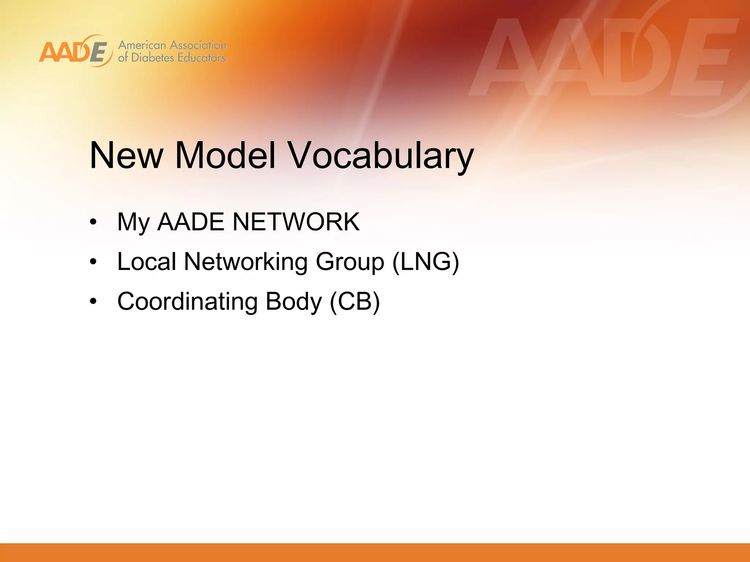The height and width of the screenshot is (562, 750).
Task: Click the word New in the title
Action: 126,156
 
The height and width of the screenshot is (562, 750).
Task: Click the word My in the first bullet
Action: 133,222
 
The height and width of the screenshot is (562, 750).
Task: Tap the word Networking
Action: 246,262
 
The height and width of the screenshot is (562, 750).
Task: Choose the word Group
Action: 350,262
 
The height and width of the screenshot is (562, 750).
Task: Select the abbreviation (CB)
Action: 354,302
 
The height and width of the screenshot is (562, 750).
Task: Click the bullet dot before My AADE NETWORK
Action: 93,222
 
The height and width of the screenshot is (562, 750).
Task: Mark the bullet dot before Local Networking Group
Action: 93,262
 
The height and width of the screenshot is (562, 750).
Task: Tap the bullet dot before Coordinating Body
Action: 93,301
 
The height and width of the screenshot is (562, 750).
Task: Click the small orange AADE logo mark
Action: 75,51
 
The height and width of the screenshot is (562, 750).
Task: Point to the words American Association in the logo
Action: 172,45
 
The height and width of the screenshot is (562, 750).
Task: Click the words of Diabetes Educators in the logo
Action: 172,58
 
